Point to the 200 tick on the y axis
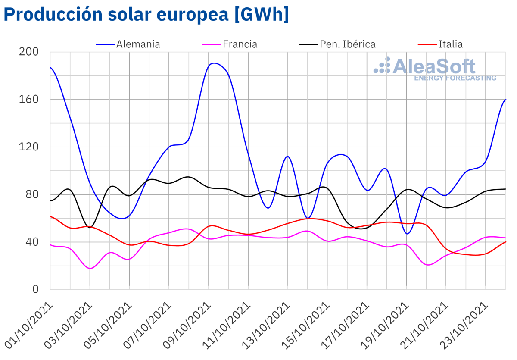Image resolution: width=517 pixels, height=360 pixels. click(29, 52)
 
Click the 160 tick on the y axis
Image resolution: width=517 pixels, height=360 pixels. click(29, 100)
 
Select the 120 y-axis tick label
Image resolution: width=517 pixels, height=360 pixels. click(29, 147)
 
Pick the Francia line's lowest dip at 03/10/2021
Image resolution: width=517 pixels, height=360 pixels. click(90, 268)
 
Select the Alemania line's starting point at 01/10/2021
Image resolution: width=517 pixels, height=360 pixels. click(50, 67)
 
